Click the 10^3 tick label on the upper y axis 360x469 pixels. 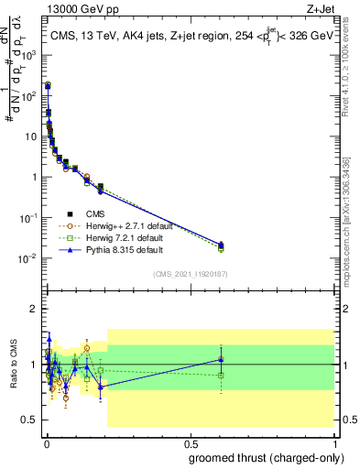29,55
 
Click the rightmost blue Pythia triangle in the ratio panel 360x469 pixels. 221,358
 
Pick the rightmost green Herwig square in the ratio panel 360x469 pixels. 221,376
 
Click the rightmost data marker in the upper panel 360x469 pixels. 221,245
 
